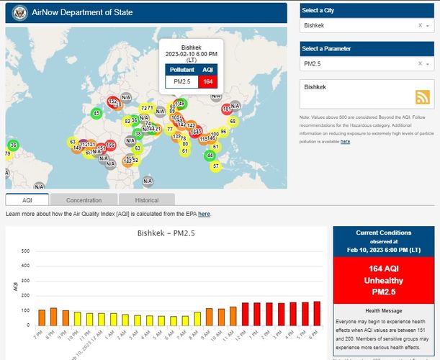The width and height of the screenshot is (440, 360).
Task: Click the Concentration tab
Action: tap(84, 199)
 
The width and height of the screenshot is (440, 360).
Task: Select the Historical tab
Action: tap(147, 199)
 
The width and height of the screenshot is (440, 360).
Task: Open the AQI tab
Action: tap(27, 199)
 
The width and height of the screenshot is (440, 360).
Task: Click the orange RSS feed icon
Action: tap(422, 98)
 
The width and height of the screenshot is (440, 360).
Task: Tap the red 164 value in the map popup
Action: tap(208, 82)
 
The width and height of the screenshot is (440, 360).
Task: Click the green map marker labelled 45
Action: tap(96, 113)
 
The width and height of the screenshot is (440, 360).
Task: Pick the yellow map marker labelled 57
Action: tap(215, 166)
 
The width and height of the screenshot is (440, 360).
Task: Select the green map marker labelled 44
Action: tap(210, 155)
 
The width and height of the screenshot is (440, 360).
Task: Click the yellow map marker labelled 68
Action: tap(233, 121)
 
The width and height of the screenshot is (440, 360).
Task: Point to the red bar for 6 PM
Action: tap(317, 313)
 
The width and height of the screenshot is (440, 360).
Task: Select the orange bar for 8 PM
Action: tap(53, 316)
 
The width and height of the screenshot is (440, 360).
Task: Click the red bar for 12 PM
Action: tap(246, 314)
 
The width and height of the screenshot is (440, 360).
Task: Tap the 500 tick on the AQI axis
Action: tap(25, 251)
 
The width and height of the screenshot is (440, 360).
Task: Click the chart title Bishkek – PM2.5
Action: tap(167, 233)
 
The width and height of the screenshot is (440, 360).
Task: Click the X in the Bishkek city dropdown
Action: tap(420, 25)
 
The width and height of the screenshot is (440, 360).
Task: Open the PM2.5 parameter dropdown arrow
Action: tap(429, 64)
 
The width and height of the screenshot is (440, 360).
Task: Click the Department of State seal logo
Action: tap(19, 12)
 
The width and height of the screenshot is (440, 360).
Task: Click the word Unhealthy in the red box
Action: tap(383, 281)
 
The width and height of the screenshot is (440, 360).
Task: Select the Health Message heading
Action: tap(383, 310)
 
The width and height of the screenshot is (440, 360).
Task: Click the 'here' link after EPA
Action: tap(204, 214)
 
